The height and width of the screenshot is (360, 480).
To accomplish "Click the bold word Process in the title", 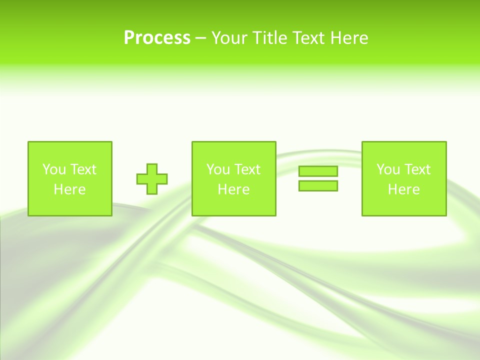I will [x=157, y=38].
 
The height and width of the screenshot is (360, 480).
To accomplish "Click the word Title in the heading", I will [x=270, y=38].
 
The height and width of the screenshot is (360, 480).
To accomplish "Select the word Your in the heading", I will [x=230, y=38].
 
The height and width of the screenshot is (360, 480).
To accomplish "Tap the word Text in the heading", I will [x=309, y=38].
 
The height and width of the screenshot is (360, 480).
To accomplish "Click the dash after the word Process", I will [x=200, y=38].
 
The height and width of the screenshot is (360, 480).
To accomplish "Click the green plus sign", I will [x=152, y=178].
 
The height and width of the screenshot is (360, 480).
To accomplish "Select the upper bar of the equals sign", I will [x=318, y=171].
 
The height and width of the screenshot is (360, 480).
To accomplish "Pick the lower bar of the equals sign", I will [x=318, y=185].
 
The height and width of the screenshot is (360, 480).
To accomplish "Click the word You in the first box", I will [x=54, y=169].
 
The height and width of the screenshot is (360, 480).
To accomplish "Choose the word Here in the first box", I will [x=69, y=189].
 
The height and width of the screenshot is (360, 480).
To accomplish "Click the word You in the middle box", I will [x=218, y=169].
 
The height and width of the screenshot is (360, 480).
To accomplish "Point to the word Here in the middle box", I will [x=233, y=189].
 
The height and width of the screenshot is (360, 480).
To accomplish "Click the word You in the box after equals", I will [x=388, y=169].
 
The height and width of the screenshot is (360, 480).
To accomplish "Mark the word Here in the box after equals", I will [x=403, y=189].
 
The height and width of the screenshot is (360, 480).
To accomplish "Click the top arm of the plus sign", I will [x=152, y=168].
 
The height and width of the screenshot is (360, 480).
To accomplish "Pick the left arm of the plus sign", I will [x=141, y=178].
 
